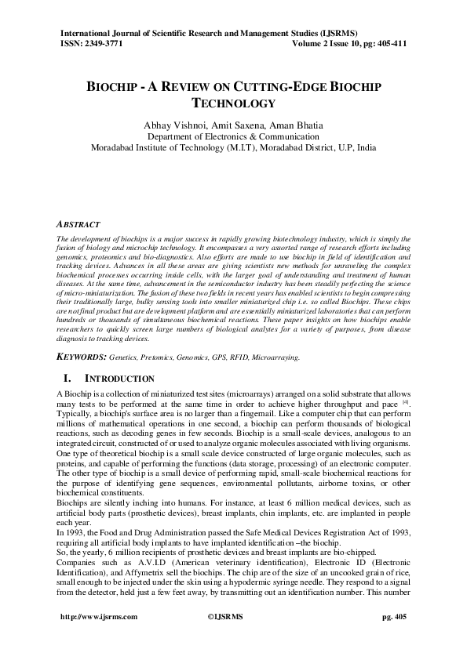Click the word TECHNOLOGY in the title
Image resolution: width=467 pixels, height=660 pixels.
point(233,102)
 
